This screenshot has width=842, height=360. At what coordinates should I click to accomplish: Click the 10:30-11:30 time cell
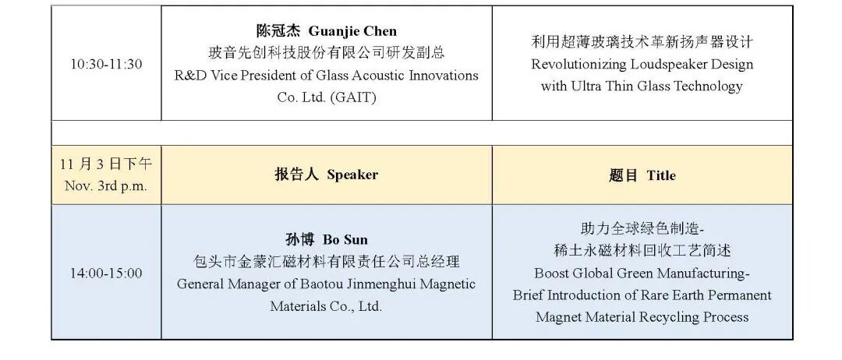(x=106, y=64)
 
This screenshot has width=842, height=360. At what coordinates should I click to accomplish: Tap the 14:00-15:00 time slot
(x=106, y=273)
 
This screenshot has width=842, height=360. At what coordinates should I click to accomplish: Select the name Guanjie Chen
(x=353, y=31)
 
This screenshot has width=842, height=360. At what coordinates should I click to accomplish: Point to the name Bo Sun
(x=347, y=239)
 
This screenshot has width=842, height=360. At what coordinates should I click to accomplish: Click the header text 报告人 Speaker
(x=326, y=175)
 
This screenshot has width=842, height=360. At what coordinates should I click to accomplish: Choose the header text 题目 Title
(x=642, y=175)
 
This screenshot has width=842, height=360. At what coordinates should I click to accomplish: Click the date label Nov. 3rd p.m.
(x=106, y=186)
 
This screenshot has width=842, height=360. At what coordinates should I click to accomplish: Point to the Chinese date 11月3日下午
(x=106, y=164)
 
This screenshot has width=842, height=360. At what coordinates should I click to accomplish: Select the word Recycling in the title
(x=669, y=317)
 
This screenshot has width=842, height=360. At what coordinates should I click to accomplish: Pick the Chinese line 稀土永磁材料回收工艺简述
(x=642, y=251)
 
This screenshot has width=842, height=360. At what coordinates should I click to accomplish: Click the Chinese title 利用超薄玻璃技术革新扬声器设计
(x=642, y=42)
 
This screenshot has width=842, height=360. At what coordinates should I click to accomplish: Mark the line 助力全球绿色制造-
(x=642, y=229)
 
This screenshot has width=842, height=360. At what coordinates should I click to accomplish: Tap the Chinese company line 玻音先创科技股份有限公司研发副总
(x=326, y=53)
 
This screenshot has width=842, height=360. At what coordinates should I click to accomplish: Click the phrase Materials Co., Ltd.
(x=326, y=306)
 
